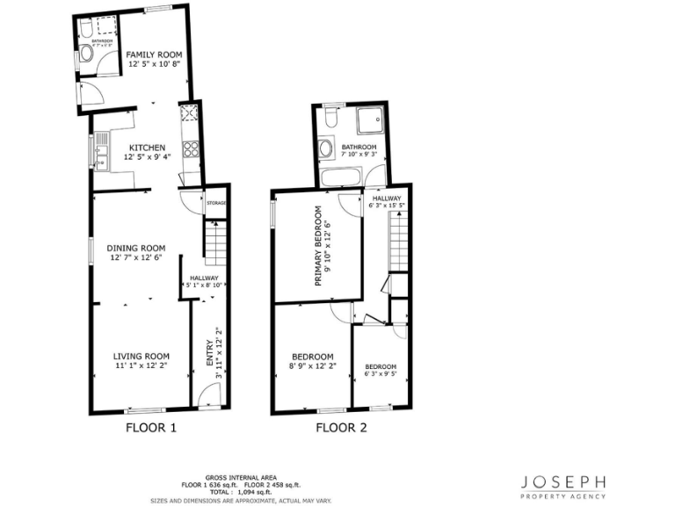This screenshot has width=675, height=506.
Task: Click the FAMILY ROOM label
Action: (x=147, y=54)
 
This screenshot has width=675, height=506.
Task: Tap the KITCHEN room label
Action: (x=147, y=148)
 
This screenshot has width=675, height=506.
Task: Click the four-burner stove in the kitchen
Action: (x=189, y=113)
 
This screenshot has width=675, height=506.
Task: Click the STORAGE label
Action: (x=216, y=204)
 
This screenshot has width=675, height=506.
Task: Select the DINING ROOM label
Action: (x=137, y=248)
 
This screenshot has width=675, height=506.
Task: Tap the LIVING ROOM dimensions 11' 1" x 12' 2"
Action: (x=141, y=365)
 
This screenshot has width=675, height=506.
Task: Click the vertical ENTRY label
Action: (x=209, y=352)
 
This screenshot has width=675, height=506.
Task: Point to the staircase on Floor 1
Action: (x=215, y=242)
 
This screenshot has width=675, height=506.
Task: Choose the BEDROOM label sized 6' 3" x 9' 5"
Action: (x=381, y=366)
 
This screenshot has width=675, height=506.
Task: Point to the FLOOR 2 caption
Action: (x=341, y=429)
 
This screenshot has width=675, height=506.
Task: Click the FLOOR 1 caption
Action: (x=151, y=429)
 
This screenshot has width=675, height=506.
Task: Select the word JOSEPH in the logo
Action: (x=563, y=482)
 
